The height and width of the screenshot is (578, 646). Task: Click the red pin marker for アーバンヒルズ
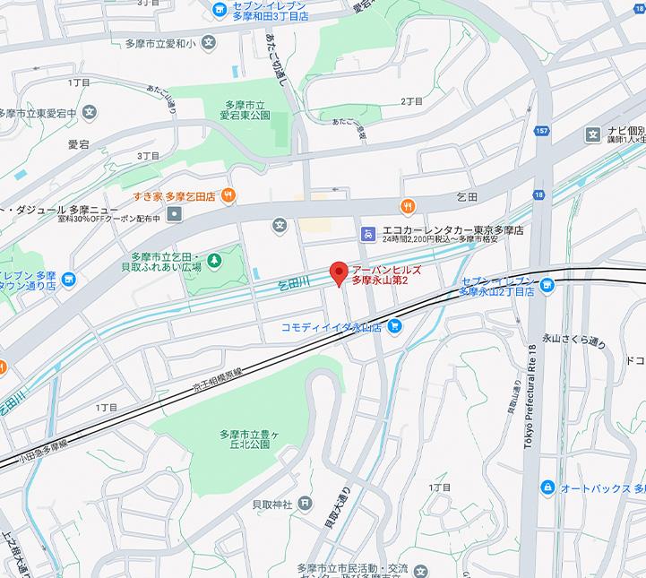click(339, 272)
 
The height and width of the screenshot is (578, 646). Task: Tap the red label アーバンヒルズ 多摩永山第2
click(385, 275)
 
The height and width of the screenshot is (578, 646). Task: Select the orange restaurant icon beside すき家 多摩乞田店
click(229, 194)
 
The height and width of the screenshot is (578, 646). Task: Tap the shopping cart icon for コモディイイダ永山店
click(395, 328)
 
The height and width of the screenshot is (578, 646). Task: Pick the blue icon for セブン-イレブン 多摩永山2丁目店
click(547, 284)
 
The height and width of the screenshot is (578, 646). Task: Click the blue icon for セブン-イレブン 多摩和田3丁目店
click(220, 10)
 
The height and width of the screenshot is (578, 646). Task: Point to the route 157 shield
click(541, 132)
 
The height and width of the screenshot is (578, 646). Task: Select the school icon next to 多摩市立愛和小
click(209, 42)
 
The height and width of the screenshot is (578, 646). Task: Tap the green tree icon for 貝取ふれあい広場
click(214, 261)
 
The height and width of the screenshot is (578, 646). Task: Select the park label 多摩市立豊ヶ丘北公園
click(245, 439)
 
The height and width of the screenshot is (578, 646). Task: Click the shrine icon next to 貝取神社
click(306, 504)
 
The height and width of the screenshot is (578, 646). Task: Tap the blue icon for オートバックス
click(547, 487)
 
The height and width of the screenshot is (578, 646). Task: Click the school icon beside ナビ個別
click(592, 134)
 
